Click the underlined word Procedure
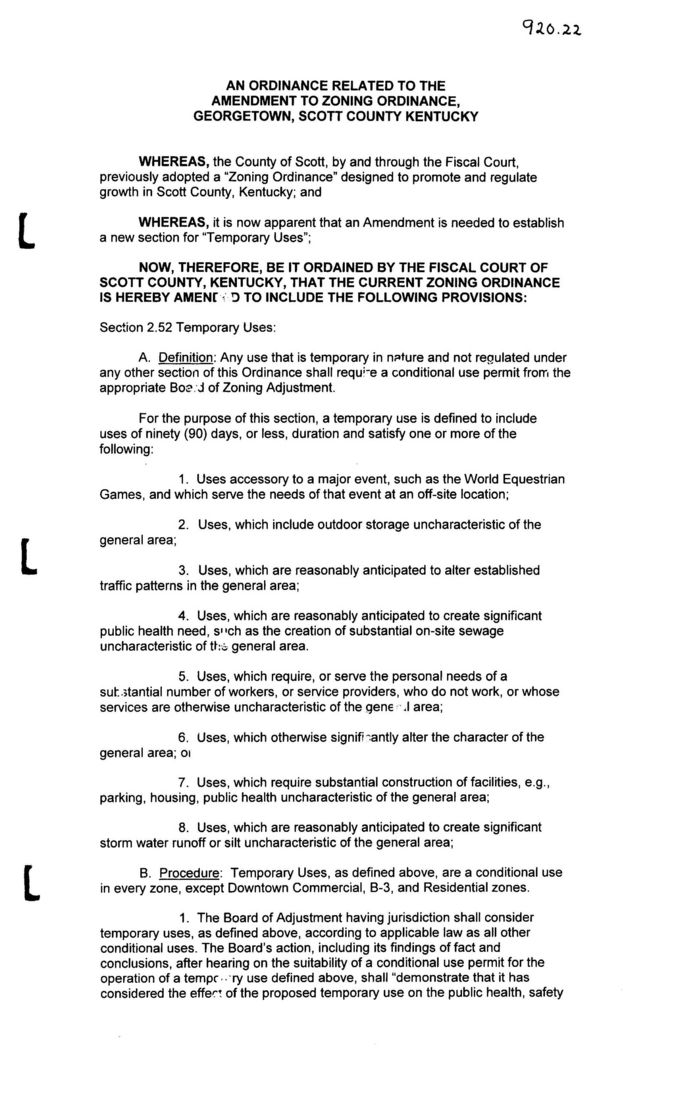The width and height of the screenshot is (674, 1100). pos(190,873)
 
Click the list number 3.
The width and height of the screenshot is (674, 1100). pos(184,571)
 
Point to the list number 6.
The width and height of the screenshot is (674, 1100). pos(184,738)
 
